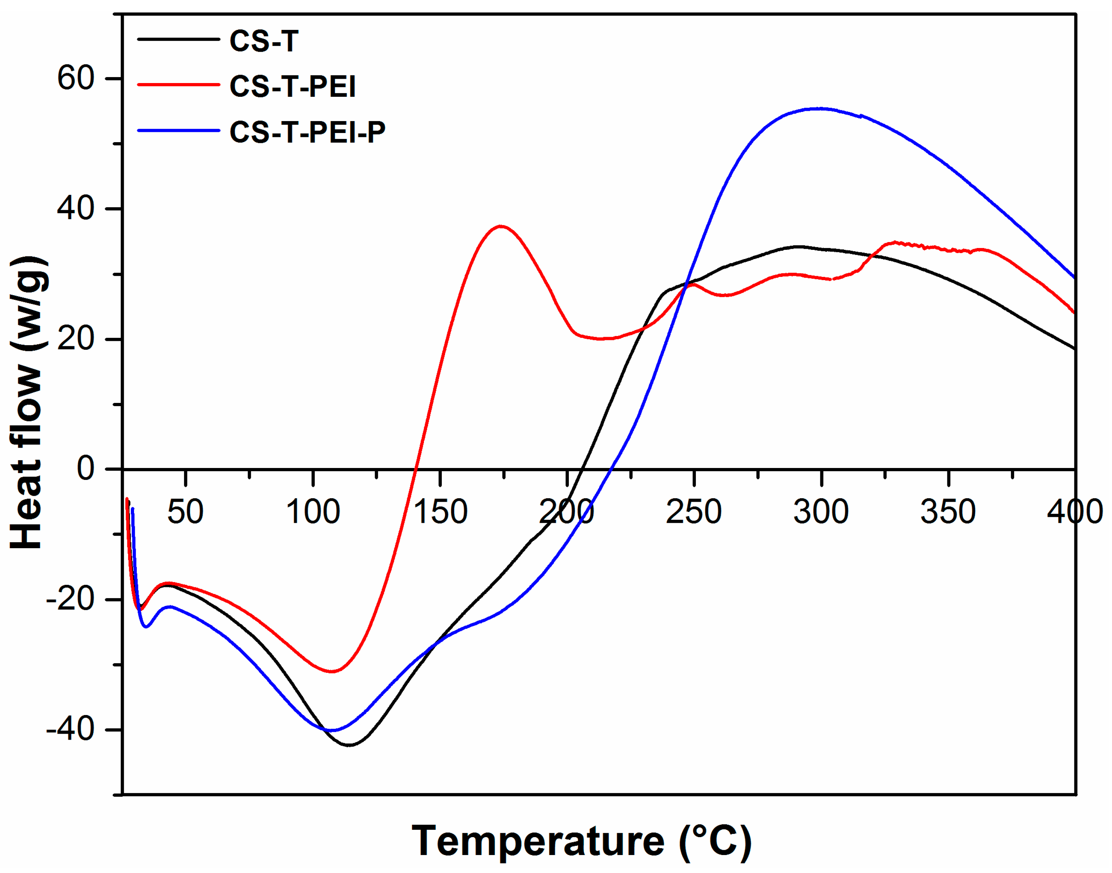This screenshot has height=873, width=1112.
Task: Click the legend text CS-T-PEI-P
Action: (x=307, y=132)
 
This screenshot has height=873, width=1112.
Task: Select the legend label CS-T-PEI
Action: (x=292, y=86)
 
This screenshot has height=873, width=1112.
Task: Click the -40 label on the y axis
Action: (x=70, y=729)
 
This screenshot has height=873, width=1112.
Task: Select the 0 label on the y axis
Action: (x=85, y=468)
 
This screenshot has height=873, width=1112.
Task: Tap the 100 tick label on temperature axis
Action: (x=312, y=511)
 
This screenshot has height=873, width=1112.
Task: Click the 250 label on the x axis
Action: (x=693, y=511)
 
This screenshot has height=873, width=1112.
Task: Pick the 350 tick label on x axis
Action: (x=948, y=511)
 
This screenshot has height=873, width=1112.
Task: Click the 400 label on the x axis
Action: (x=1075, y=511)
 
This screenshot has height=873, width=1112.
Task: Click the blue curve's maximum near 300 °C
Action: (x=820, y=108)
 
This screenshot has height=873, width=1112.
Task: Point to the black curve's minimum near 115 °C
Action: (x=349, y=745)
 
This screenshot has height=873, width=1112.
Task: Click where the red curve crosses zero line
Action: (x=415, y=469)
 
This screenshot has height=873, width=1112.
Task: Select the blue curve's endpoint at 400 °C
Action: (x=1075, y=278)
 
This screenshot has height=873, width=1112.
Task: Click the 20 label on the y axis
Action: (x=76, y=339)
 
